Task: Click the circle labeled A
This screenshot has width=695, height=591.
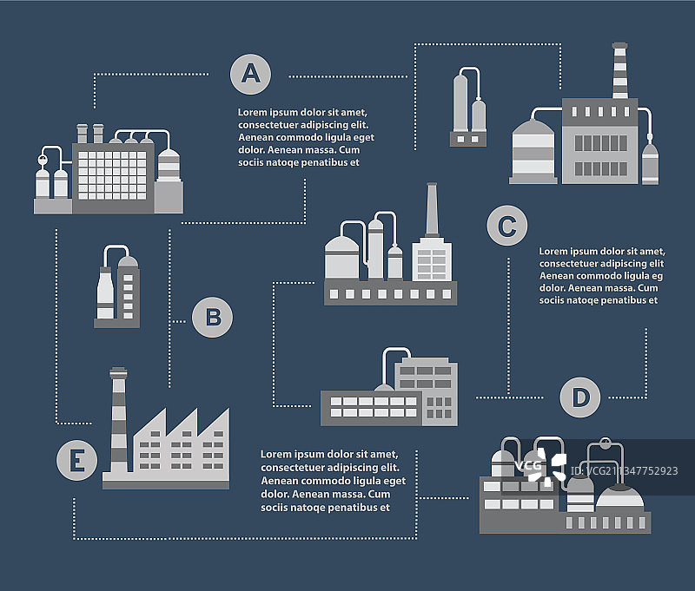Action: tap(250, 73)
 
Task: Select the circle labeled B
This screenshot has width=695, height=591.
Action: tap(212, 318)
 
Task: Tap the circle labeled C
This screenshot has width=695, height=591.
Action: tap(507, 227)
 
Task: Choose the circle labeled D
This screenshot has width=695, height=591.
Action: tap(580, 397)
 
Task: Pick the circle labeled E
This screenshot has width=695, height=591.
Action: tap(77, 460)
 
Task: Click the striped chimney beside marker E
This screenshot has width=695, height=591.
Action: tap(118, 421)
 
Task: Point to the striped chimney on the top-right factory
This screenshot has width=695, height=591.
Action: tap(619, 71)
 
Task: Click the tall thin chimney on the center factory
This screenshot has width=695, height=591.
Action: tap(431, 210)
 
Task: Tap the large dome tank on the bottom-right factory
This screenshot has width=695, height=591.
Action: tap(620, 498)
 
